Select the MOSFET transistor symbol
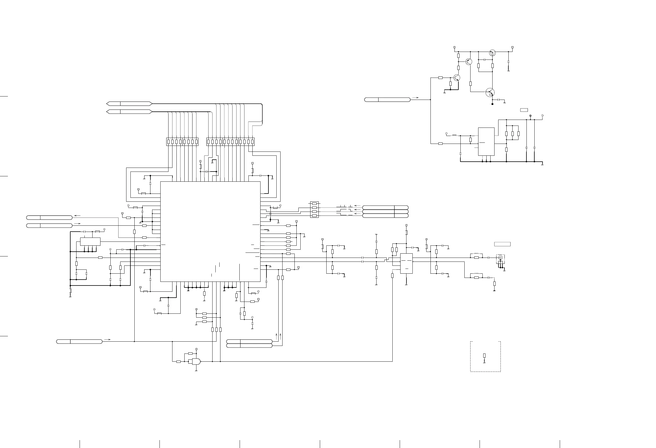[x=492, y=52]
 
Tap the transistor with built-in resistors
[x=490, y=92]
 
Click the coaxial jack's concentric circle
[x=500, y=257]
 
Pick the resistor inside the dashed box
[x=484, y=355]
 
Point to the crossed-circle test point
[x=530, y=116]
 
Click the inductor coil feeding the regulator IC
[x=454, y=135]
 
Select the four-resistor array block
[x=314, y=209]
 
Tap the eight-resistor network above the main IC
[x=182, y=142]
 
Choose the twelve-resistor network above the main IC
[x=230, y=142]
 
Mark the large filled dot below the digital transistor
[x=493, y=104]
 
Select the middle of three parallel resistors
[x=513, y=133]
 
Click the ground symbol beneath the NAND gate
[x=196, y=371]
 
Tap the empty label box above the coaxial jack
[x=502, y=244]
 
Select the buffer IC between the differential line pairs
[x=406, y=263]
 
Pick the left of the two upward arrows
[x=276, y=336]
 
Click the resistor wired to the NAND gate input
[x=178, y=361]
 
